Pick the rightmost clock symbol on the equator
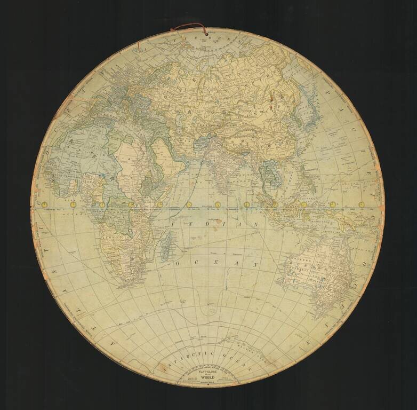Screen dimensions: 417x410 click(362, 204)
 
